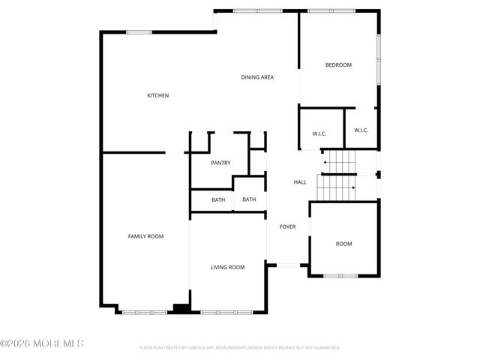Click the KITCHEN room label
[157, 95]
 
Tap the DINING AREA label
[256, 77]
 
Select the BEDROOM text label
[338, 65]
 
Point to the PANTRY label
[220, 163]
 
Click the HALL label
[299, 182]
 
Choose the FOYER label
[288, 226]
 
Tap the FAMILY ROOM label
[145, 236]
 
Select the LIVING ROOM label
[227, 267]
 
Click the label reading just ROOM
[343, 244]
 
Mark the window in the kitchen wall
[139, 31]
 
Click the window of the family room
[145, 312]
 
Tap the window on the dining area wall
[256, 10]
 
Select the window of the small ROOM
[340, 276]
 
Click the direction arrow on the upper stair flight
[326, 161]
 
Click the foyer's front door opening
[288, 264]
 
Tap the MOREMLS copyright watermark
[42, 343]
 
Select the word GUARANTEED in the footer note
[325, 348]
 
